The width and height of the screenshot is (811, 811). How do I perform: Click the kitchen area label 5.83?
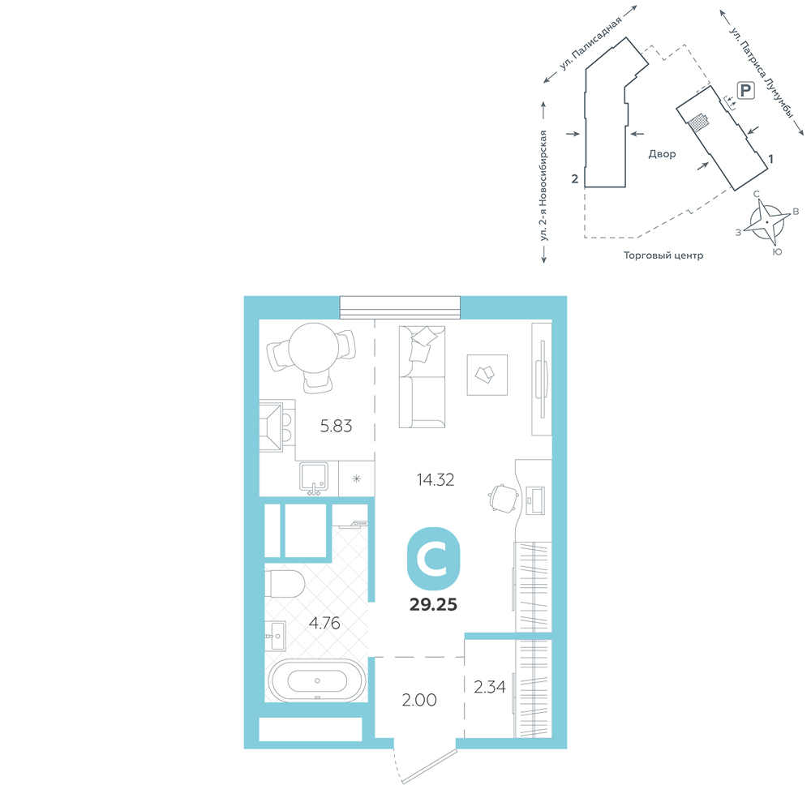click(337, 427)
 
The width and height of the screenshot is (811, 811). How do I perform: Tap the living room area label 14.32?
click(436, 480)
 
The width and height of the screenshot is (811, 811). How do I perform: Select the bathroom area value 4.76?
click(324, 623)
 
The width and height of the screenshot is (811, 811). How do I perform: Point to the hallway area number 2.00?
click(419, 701)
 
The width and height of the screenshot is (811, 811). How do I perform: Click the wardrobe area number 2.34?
click(489, 687)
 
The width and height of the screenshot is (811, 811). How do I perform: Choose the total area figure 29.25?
click(433, 605)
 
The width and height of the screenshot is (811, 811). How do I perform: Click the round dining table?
click(313, 348)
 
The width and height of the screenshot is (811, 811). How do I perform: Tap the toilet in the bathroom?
click(285, 584)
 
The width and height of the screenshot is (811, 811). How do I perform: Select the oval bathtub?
click(317, 680)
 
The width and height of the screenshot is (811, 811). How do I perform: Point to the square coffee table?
click(487, 375)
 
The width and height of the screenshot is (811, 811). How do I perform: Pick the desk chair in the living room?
click(504, 498)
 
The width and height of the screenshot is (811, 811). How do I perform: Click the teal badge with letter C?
click(433, 559)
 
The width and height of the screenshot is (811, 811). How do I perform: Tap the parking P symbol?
click(745, 91)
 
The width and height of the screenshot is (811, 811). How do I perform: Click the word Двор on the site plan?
click(662, 154)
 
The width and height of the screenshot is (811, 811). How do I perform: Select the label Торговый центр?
click(663, 255)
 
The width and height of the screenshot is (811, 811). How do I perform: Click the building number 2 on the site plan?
click(575, 179)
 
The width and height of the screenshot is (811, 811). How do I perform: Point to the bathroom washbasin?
click(275, 636)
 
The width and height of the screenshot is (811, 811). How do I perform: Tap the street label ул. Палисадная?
click(590, 45)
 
